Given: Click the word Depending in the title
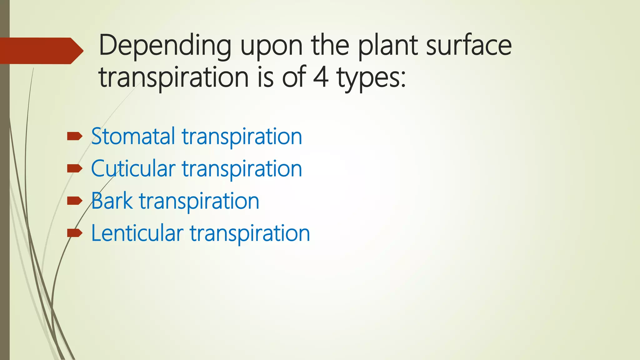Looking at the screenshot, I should pyautogui.click(x=165, y=46).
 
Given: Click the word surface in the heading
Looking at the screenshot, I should pyautogui.click(x=469, y=46).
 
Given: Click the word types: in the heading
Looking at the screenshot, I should pyautogui.click(x=371, y=78).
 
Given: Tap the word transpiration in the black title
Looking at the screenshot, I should pyautogui.click(x=174, y=78).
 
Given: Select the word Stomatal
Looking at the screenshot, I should pyautogui.click(x=133, y=137).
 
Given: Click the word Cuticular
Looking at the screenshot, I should pyautogui.click(x=133, y=169).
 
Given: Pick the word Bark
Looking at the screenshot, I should pyautogui.click(x=112, y=201).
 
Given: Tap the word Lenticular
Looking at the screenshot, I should pyautogui.click(x=137, y=233).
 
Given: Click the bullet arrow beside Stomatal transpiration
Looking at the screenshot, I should pyautogui.click(x=74, y=136).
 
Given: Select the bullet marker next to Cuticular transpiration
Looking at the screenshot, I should pyautogui.click(x=74, y=169).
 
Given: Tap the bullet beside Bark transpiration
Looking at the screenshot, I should pyautogui.click(x=74, y=201).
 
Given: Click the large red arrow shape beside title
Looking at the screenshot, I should pyautogui.click(x=41, y=51).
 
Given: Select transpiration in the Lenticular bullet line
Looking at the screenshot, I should pyautogui.click(x=250, y=234).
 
